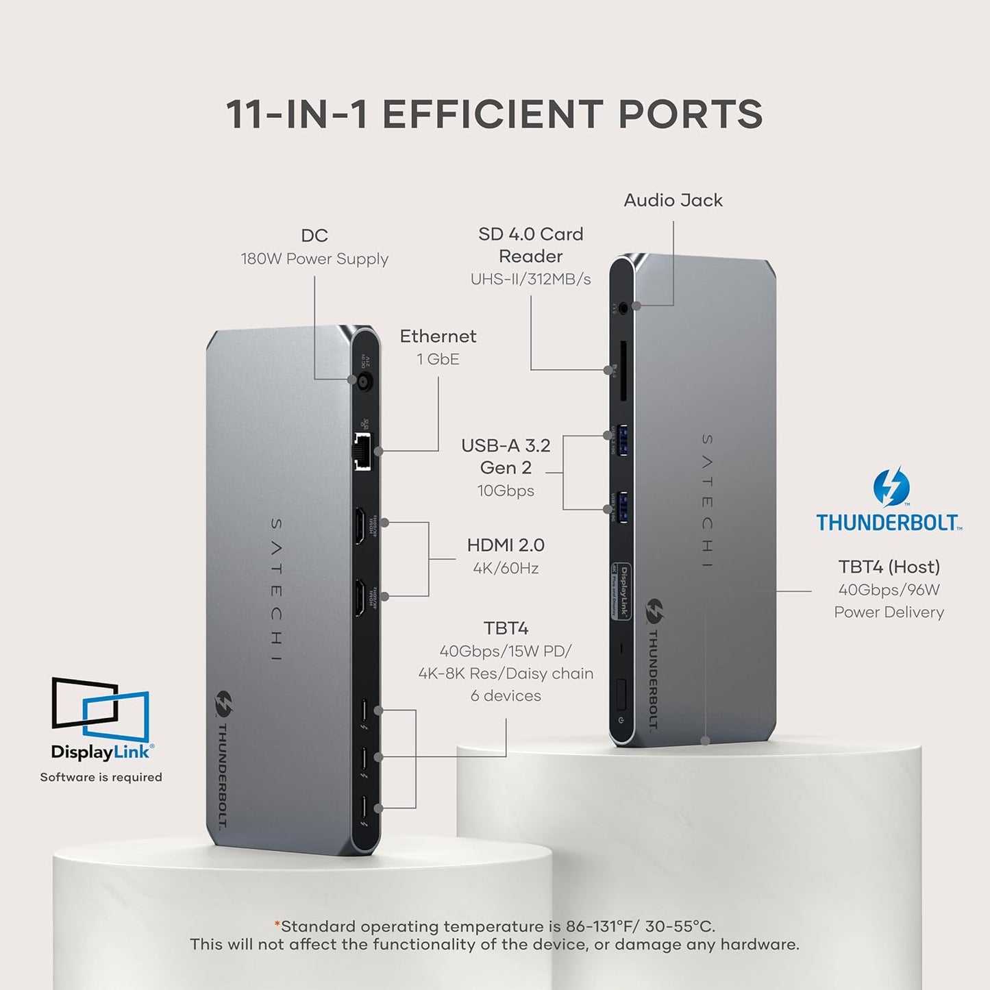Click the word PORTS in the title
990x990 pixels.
tap(690, 114)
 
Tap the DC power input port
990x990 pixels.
tap(363, 381)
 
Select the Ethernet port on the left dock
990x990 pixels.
tap(362, 451)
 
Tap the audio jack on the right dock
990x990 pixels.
tap(622, 308)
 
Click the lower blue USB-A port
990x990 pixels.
tap(622, 507)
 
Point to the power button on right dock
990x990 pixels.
tap(621, 694)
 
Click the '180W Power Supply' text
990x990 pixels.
tap(314, 259)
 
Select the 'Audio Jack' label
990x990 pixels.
tap(673, 200)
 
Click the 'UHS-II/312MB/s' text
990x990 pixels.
tap(530, 279)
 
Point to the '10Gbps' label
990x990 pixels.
tap(506, 491)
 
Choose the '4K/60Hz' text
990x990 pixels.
tap(506, 568)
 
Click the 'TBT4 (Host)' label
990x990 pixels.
tap(889, 567)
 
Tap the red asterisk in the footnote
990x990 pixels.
tap(277, 925)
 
